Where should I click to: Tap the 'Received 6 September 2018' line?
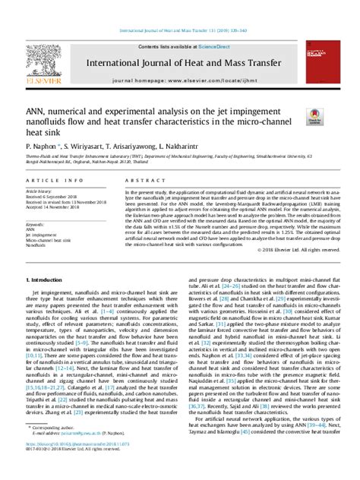55,197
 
